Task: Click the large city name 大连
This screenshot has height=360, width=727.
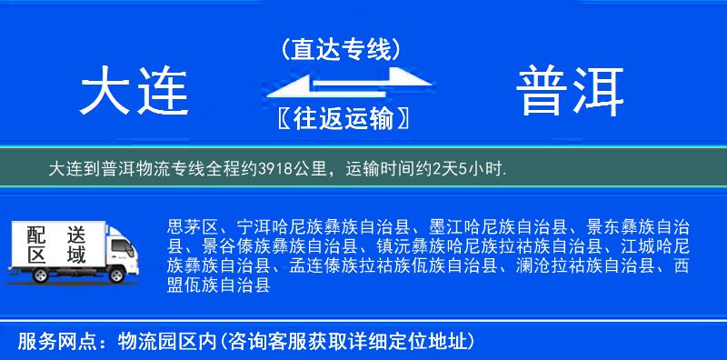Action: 134,93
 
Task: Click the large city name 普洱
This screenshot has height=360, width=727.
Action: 572,93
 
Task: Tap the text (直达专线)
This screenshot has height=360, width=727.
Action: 341,49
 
